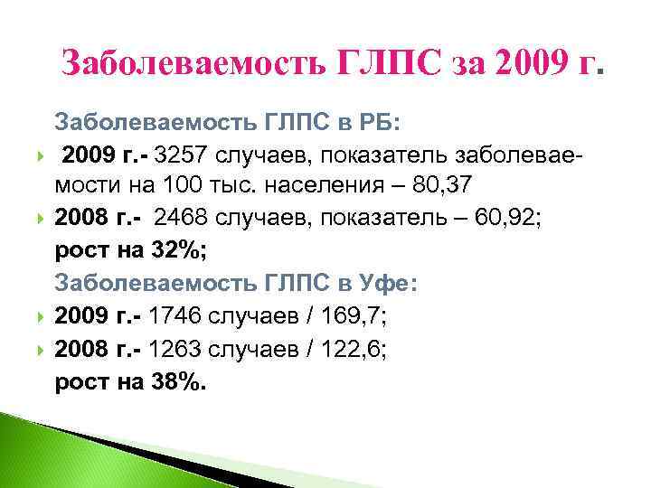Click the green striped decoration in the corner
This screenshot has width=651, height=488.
click(54, 452)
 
